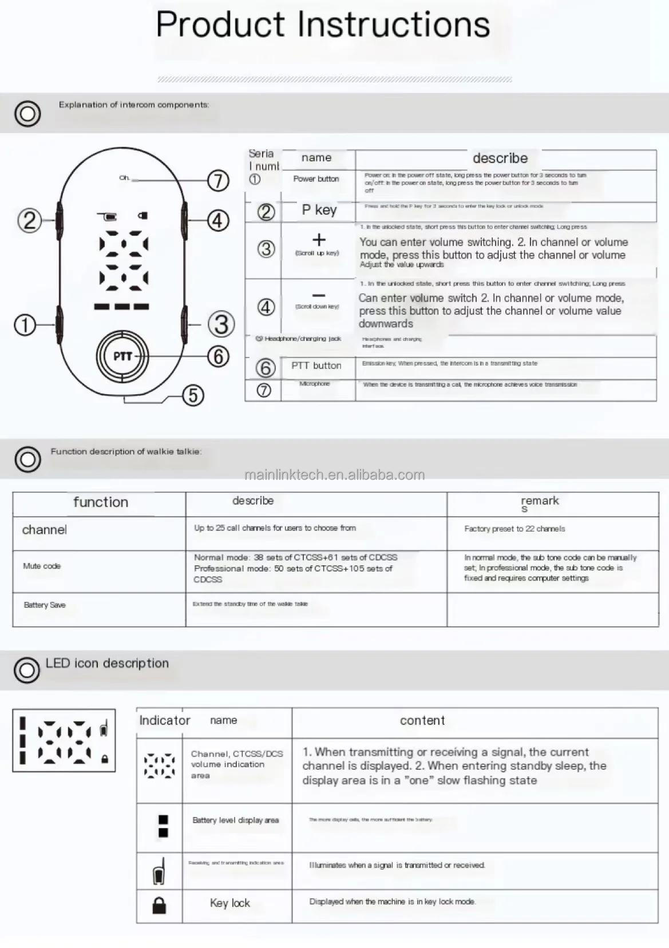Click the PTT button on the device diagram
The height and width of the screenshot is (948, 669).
pos(122,356)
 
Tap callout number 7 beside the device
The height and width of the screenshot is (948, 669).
pos(218,181)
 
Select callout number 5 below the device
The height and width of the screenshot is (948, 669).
pos(193,395)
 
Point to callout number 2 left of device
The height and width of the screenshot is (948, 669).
pos(30,220)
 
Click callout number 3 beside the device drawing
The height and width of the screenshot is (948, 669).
pos(221,324)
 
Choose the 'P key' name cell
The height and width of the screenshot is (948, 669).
pos(319,211)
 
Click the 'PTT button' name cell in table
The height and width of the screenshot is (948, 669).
pos(316,366)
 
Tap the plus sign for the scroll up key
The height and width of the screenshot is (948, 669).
pos(319,240)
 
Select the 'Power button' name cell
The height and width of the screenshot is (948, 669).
pos(316,179)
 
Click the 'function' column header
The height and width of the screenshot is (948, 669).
pos(101,502)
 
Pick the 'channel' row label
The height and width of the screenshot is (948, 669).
pos(45,530)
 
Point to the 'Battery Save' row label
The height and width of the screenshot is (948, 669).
pos(45,605)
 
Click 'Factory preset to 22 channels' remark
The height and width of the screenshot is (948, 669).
pos(514,529)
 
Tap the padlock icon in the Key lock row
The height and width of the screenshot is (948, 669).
pos(159,905)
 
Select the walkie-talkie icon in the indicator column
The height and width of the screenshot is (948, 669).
pos(159,872)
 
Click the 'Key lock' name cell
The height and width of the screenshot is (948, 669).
pos(229,903)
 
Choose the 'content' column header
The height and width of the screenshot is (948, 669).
pos(422,721)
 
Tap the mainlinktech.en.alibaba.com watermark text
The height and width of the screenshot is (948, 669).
pos(334,475)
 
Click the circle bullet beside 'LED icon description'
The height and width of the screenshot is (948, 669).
pos(27,670)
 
